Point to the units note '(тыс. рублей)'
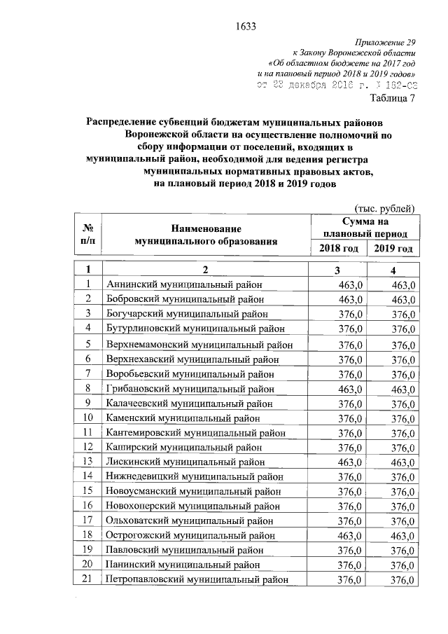[386, 208]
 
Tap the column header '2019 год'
[393, 249]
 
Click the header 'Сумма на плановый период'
[365, 228]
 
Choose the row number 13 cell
[89, 461]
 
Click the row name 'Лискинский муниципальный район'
[185, 461]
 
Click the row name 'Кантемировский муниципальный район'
[195, 432]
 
